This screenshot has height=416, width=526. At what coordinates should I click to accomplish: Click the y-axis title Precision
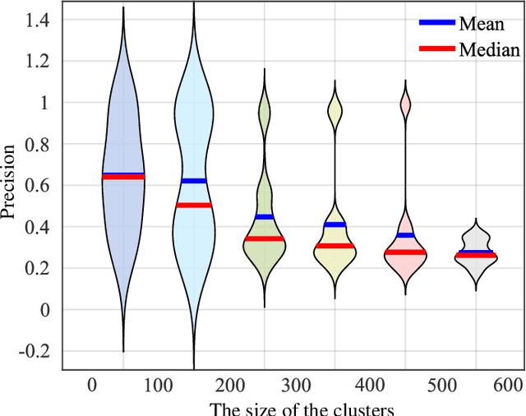(x=9, y=183)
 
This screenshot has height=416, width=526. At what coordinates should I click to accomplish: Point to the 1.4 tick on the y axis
(x=37, y=20)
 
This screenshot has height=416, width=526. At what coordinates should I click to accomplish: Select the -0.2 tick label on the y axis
(x=34, y=351)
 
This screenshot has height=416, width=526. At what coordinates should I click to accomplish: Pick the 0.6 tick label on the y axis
(x=37, y=186)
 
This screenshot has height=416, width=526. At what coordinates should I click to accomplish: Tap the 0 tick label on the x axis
(x=92, y=384)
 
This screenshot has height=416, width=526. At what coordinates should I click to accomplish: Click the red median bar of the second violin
(x=194, y=205)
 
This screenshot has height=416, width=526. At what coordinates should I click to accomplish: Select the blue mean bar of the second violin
(x=194, y=181)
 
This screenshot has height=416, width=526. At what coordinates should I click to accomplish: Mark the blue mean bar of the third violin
(x=264, y=216)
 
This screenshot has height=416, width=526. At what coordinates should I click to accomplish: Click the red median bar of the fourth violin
(x=335, y=246)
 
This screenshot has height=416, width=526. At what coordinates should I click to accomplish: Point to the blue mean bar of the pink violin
(x=405, y=235)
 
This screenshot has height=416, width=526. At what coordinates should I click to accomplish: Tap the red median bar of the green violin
(x=264, y=238)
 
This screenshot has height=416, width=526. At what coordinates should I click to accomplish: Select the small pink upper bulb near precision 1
(x=405, y=103)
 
